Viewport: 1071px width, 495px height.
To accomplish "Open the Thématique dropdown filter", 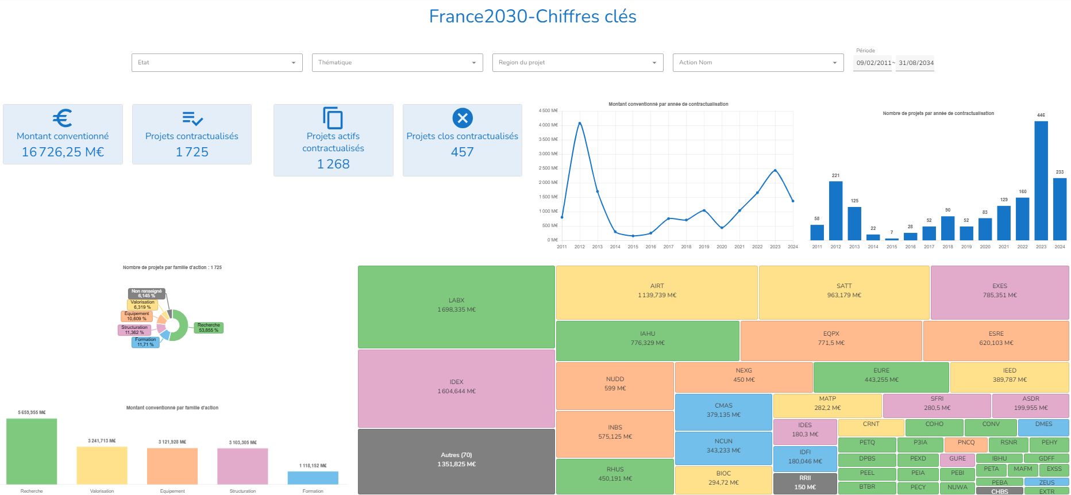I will [x=397, y=63].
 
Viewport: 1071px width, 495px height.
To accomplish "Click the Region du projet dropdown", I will [x=577, y=63].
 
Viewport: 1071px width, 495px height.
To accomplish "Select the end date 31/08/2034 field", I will [x=916, y=63].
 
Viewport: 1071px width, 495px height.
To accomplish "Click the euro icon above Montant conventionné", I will [x=63, y=118].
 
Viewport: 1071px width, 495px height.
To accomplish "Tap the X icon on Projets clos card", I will [x=463, y=118].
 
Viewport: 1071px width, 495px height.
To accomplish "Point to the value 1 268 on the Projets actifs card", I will [x=333, y=164].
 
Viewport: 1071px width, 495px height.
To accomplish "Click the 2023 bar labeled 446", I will [x=1041, y=181].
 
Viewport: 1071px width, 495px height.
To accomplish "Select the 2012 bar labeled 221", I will [x=835, y=210].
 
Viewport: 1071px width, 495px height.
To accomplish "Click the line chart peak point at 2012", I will [x=580, y=123].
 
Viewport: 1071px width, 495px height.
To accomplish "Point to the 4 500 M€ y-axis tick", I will [x=548, y=110].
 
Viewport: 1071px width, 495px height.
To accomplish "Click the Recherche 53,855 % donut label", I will [x=209, y=328].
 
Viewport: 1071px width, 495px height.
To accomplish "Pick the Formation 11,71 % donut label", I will [x=145, y=342].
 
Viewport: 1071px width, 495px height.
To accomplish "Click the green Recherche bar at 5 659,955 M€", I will [x=32, y=451].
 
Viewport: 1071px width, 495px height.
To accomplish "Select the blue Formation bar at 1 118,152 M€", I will [x=313, y=478].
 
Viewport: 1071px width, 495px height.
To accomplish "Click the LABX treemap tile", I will [x=456, y=306].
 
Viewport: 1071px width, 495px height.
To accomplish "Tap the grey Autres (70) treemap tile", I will [x=456, y=461].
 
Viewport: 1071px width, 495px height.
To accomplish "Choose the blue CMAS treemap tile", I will [x=723, y=412].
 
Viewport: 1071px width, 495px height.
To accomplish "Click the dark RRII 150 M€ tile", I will [x=805, y=483].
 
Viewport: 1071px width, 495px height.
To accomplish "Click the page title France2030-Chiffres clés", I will [x=533, y=17].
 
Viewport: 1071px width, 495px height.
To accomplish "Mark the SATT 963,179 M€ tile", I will [x=844, y=292].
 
